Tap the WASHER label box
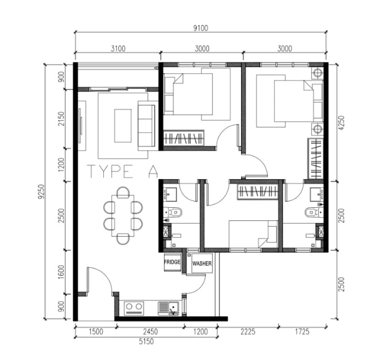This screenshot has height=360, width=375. coord(202,264)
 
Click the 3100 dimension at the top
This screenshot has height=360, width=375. coord(117,49)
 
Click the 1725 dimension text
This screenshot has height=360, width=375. coord(303,331)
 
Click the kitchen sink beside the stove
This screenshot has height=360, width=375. coord(167,307)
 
